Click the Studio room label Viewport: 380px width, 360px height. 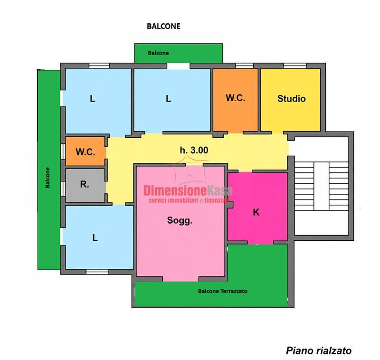click(x=291, y=99)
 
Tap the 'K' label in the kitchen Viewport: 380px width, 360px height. click(x=256, y=212)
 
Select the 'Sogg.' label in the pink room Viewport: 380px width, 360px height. click(x=180, y=221)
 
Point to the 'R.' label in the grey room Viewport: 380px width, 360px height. click(x=85, y=184)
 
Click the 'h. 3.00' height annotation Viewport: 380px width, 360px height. click(x=194, y=150)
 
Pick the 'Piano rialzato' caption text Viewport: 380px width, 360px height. click(x=319, y=351)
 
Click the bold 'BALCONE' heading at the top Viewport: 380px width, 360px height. click(x=163, y=26)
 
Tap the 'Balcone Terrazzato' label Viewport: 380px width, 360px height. click(x=223, y=291)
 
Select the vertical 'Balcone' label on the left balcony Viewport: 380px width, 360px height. click(x=47, y=178)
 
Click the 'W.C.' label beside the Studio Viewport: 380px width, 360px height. click(x=235, y=98)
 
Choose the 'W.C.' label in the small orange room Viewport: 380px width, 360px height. click(x=85, y=152)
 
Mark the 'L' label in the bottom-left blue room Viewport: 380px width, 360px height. click(x=95, y=238)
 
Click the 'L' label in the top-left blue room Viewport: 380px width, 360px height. click(x=92, y=99)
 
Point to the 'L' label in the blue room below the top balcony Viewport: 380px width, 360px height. click(x=169, y=99)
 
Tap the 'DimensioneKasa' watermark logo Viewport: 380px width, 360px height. click(x=188, y=193)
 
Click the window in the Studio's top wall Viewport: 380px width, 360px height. click(x=295, y=66)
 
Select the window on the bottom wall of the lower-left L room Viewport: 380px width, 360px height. click(x=97, y=272)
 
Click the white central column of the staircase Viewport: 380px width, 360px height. click(x=322, y=186)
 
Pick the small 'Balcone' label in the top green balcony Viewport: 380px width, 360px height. click(x=159, y=53)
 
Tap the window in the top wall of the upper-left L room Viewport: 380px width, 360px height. click(x=99, y=66)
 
